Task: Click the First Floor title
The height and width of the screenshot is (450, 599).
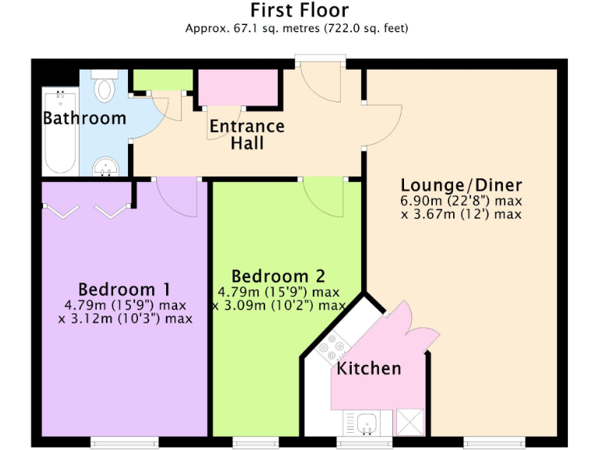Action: point(299,10)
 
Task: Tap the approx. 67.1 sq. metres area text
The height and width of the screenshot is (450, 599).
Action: point(296,28)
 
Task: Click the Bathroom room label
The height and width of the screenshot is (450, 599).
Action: point(84,119)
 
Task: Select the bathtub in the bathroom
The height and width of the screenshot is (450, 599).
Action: point(59,132)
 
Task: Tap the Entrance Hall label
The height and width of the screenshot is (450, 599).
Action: point(246,134)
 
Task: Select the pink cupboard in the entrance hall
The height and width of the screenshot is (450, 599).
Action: point(239,87)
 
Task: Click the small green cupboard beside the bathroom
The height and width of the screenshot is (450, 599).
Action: point(162,80)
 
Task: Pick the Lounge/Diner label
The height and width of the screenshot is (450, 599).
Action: point(461,185)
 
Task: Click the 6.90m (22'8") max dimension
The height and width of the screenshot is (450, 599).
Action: point(461,200)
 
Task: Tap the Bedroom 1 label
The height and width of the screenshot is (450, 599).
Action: point(124,288)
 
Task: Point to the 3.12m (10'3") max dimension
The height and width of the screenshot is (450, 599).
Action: point(125,319)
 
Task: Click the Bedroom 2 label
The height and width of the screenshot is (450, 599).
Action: point(278,277)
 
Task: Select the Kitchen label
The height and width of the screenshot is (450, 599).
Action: point(368,368)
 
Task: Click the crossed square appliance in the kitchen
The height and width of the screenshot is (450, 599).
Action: point(409,422)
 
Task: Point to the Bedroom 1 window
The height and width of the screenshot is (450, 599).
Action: point(125,443)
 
